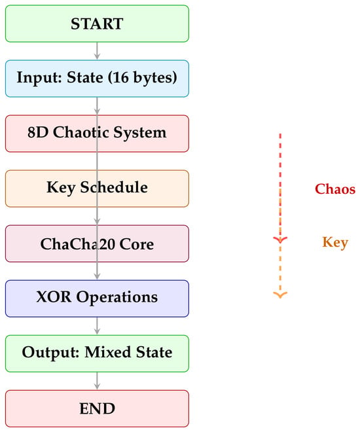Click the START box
[x=97, y=24]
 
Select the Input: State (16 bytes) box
[x=97, y=79]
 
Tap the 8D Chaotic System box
[x=97, y=134]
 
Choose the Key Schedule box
[x=97, y=189]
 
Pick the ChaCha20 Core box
[x=97, y=243]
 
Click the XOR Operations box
[x=97, y=298]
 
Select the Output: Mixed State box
[x=97, y=353]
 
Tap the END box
[x=97, y=408]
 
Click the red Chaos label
[x=335, y=189]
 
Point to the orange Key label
[x=335, y=243]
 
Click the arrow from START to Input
[x=97, y=51]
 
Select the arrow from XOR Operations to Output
[x=97, y=326]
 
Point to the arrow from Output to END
[x=97, y=381]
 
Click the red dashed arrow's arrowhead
[x=280, y=240]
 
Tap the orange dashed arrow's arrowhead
[x=280, y=295]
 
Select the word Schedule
[x=114, y=187]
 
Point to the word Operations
[x=117, y=298]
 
